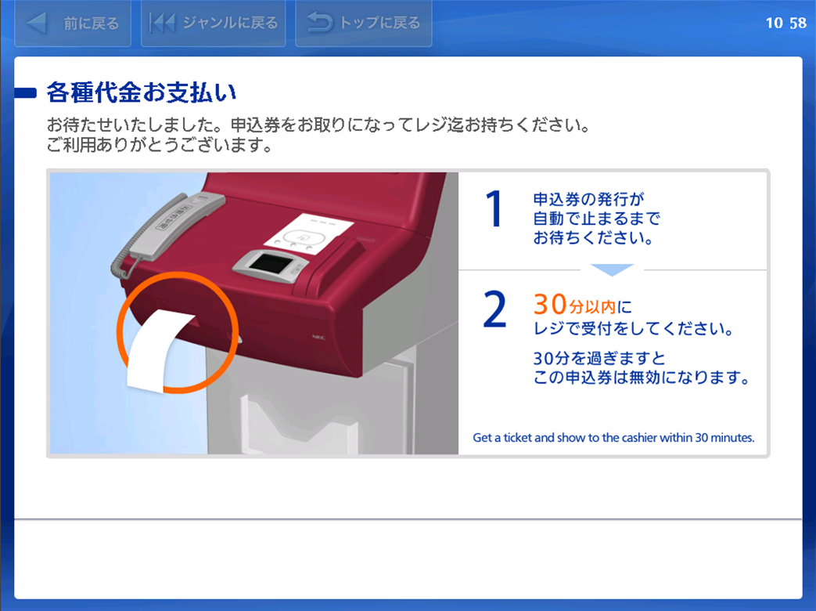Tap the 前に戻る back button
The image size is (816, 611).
pyautogui.click(x=73, y=23)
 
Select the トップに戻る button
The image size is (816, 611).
pyautogui.click(x=364, y=23)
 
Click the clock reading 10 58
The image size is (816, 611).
pyautogui.click(x=785, y=23)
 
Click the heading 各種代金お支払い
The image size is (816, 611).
pyautogui.click(x=142, y=92)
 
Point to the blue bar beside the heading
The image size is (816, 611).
pyautogui.click(x=26, y=93)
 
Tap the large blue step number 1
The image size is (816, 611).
pyautogui.click(x=494, y=209)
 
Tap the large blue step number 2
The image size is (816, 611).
pyautogui.click(x=494, y=309)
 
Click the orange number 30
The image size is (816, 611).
pyautogui.click(x=550, y=304)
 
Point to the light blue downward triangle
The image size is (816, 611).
pyautogui.click(x=612, y=269)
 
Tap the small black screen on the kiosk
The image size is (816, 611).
pyautogui.click(x=270, y=263)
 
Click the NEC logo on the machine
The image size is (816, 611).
pyautogui.click(x=318, y=338)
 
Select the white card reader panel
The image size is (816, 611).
pyautogui.click(x=308, y=234)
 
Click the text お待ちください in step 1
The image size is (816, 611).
pyautogui.click(x=593, y=238)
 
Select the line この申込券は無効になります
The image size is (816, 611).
pyautogui.click(x=642, y=377)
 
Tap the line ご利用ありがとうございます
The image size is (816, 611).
pyautogui.click(x=160, y=145)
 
